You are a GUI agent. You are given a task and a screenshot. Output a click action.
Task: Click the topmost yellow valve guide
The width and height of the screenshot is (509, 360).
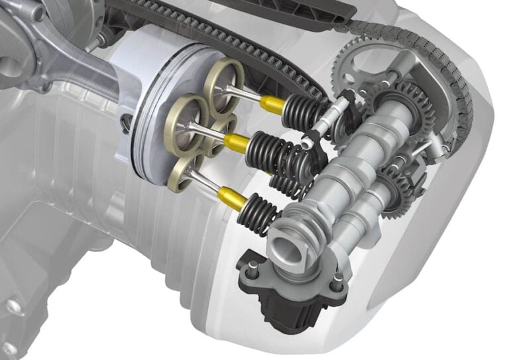pyautogui.click(x=271, y=103)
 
